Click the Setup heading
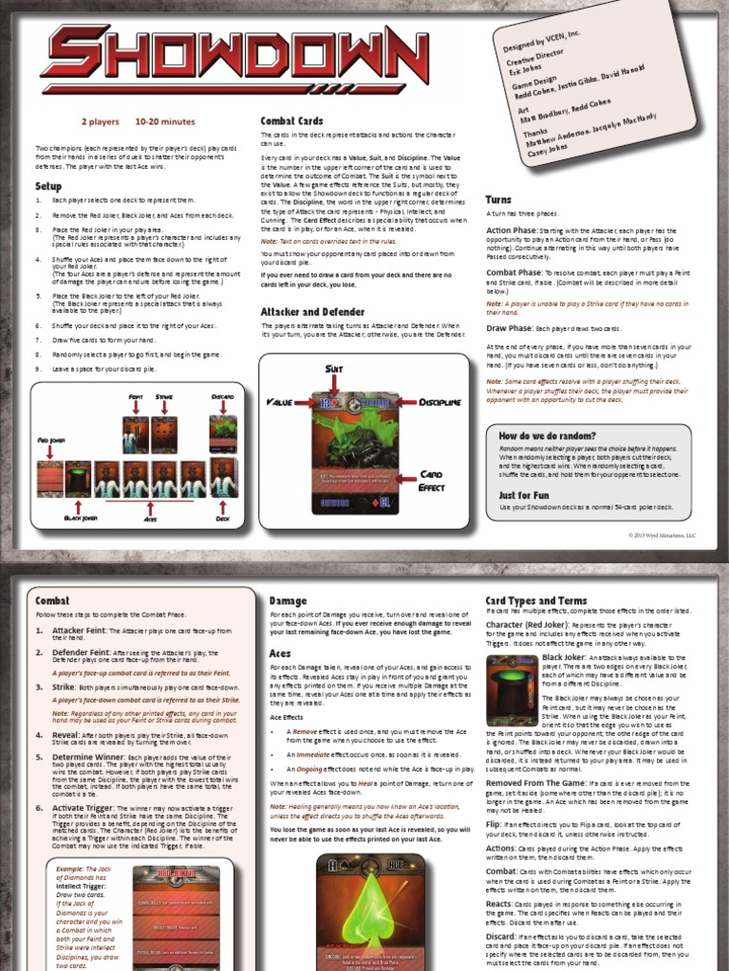48,186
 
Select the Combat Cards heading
291,121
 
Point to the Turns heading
498,200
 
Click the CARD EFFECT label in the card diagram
432,481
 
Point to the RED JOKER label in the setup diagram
51,441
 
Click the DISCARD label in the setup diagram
223,396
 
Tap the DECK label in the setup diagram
224,519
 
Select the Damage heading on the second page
288,600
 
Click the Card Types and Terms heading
535,600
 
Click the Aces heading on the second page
280,654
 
